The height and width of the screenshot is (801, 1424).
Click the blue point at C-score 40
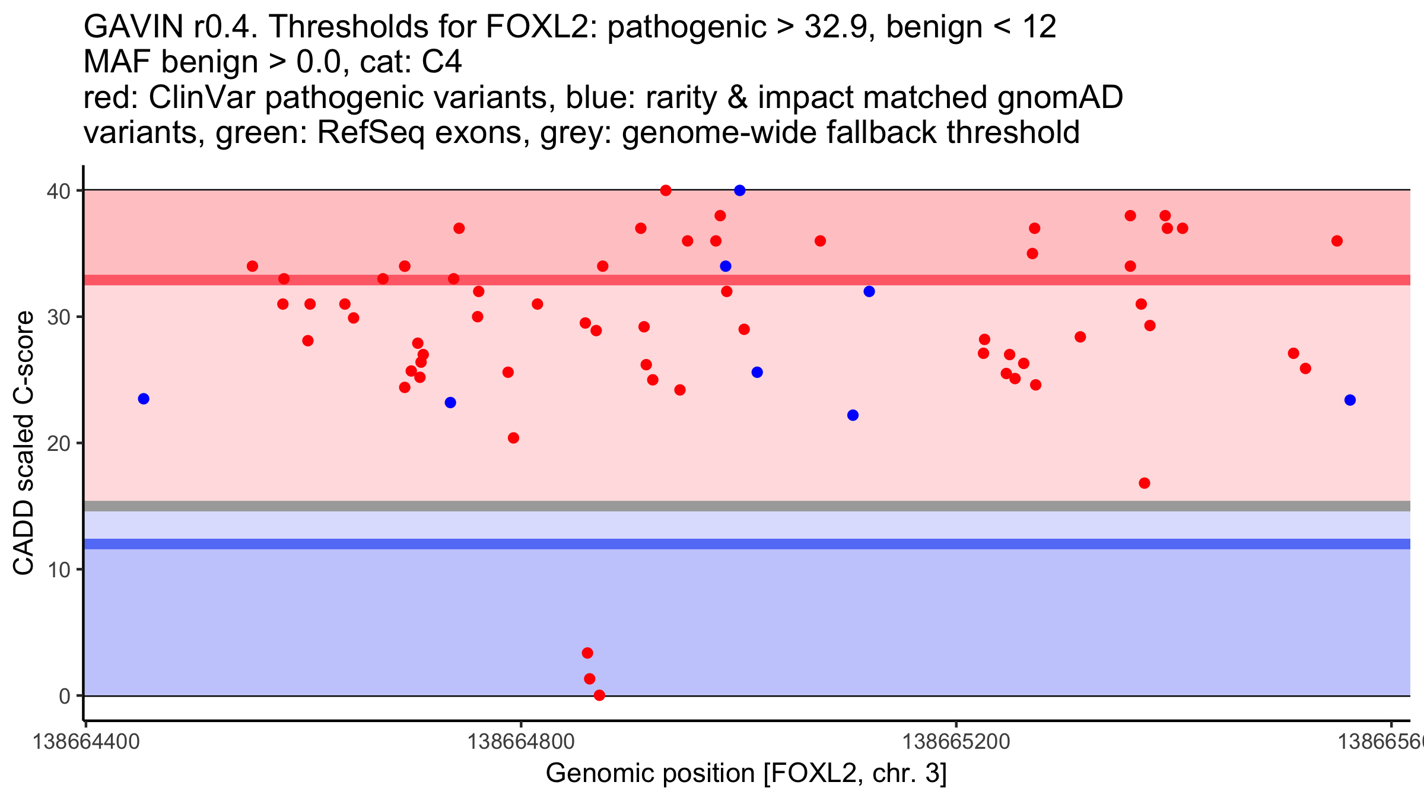pos(739,190)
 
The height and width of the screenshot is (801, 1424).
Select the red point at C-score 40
pos(666,190)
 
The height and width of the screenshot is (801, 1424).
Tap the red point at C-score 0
pos(599,695)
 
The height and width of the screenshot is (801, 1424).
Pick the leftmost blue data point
pos(144,399)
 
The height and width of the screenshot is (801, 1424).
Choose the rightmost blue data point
pos(1350,400)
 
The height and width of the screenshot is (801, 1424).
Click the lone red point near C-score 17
pos(1145,483)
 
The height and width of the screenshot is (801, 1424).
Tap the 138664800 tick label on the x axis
pos(521,742)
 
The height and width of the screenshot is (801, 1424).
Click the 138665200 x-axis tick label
pos(956,742)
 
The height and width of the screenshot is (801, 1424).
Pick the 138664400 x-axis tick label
pos(86,742)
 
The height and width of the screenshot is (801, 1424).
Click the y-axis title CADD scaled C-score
pos(24,443)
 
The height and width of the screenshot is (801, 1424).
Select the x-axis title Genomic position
pos(746,774)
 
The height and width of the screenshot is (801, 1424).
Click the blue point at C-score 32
pos(869,291)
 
